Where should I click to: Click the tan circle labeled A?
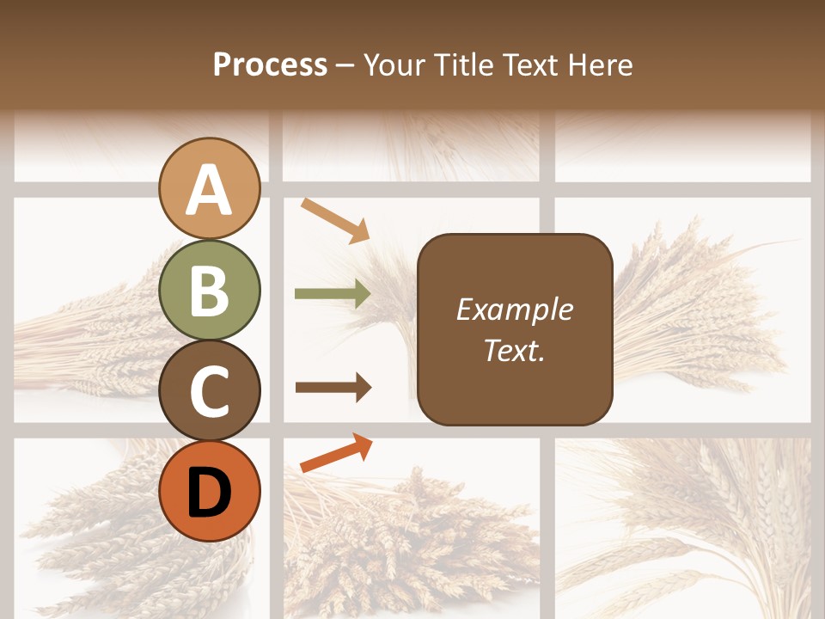pos(210,189)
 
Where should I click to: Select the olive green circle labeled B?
pos(210,290)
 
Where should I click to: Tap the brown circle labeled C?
pos(210,390)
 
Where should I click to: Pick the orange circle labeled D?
pos(210,491)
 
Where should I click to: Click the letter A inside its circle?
pos(210,190)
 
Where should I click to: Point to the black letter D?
pos(210,493)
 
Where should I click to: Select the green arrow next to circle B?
pos(333,294)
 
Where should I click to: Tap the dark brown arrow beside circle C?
pos(333,387)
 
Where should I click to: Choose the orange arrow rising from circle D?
pos(336,453)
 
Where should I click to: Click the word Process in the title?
pos(270,65)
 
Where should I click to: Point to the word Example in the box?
pos(514,309)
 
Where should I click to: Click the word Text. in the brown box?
pos(514,350)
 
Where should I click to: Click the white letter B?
pos(210,291)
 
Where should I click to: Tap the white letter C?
pos(210,391)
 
